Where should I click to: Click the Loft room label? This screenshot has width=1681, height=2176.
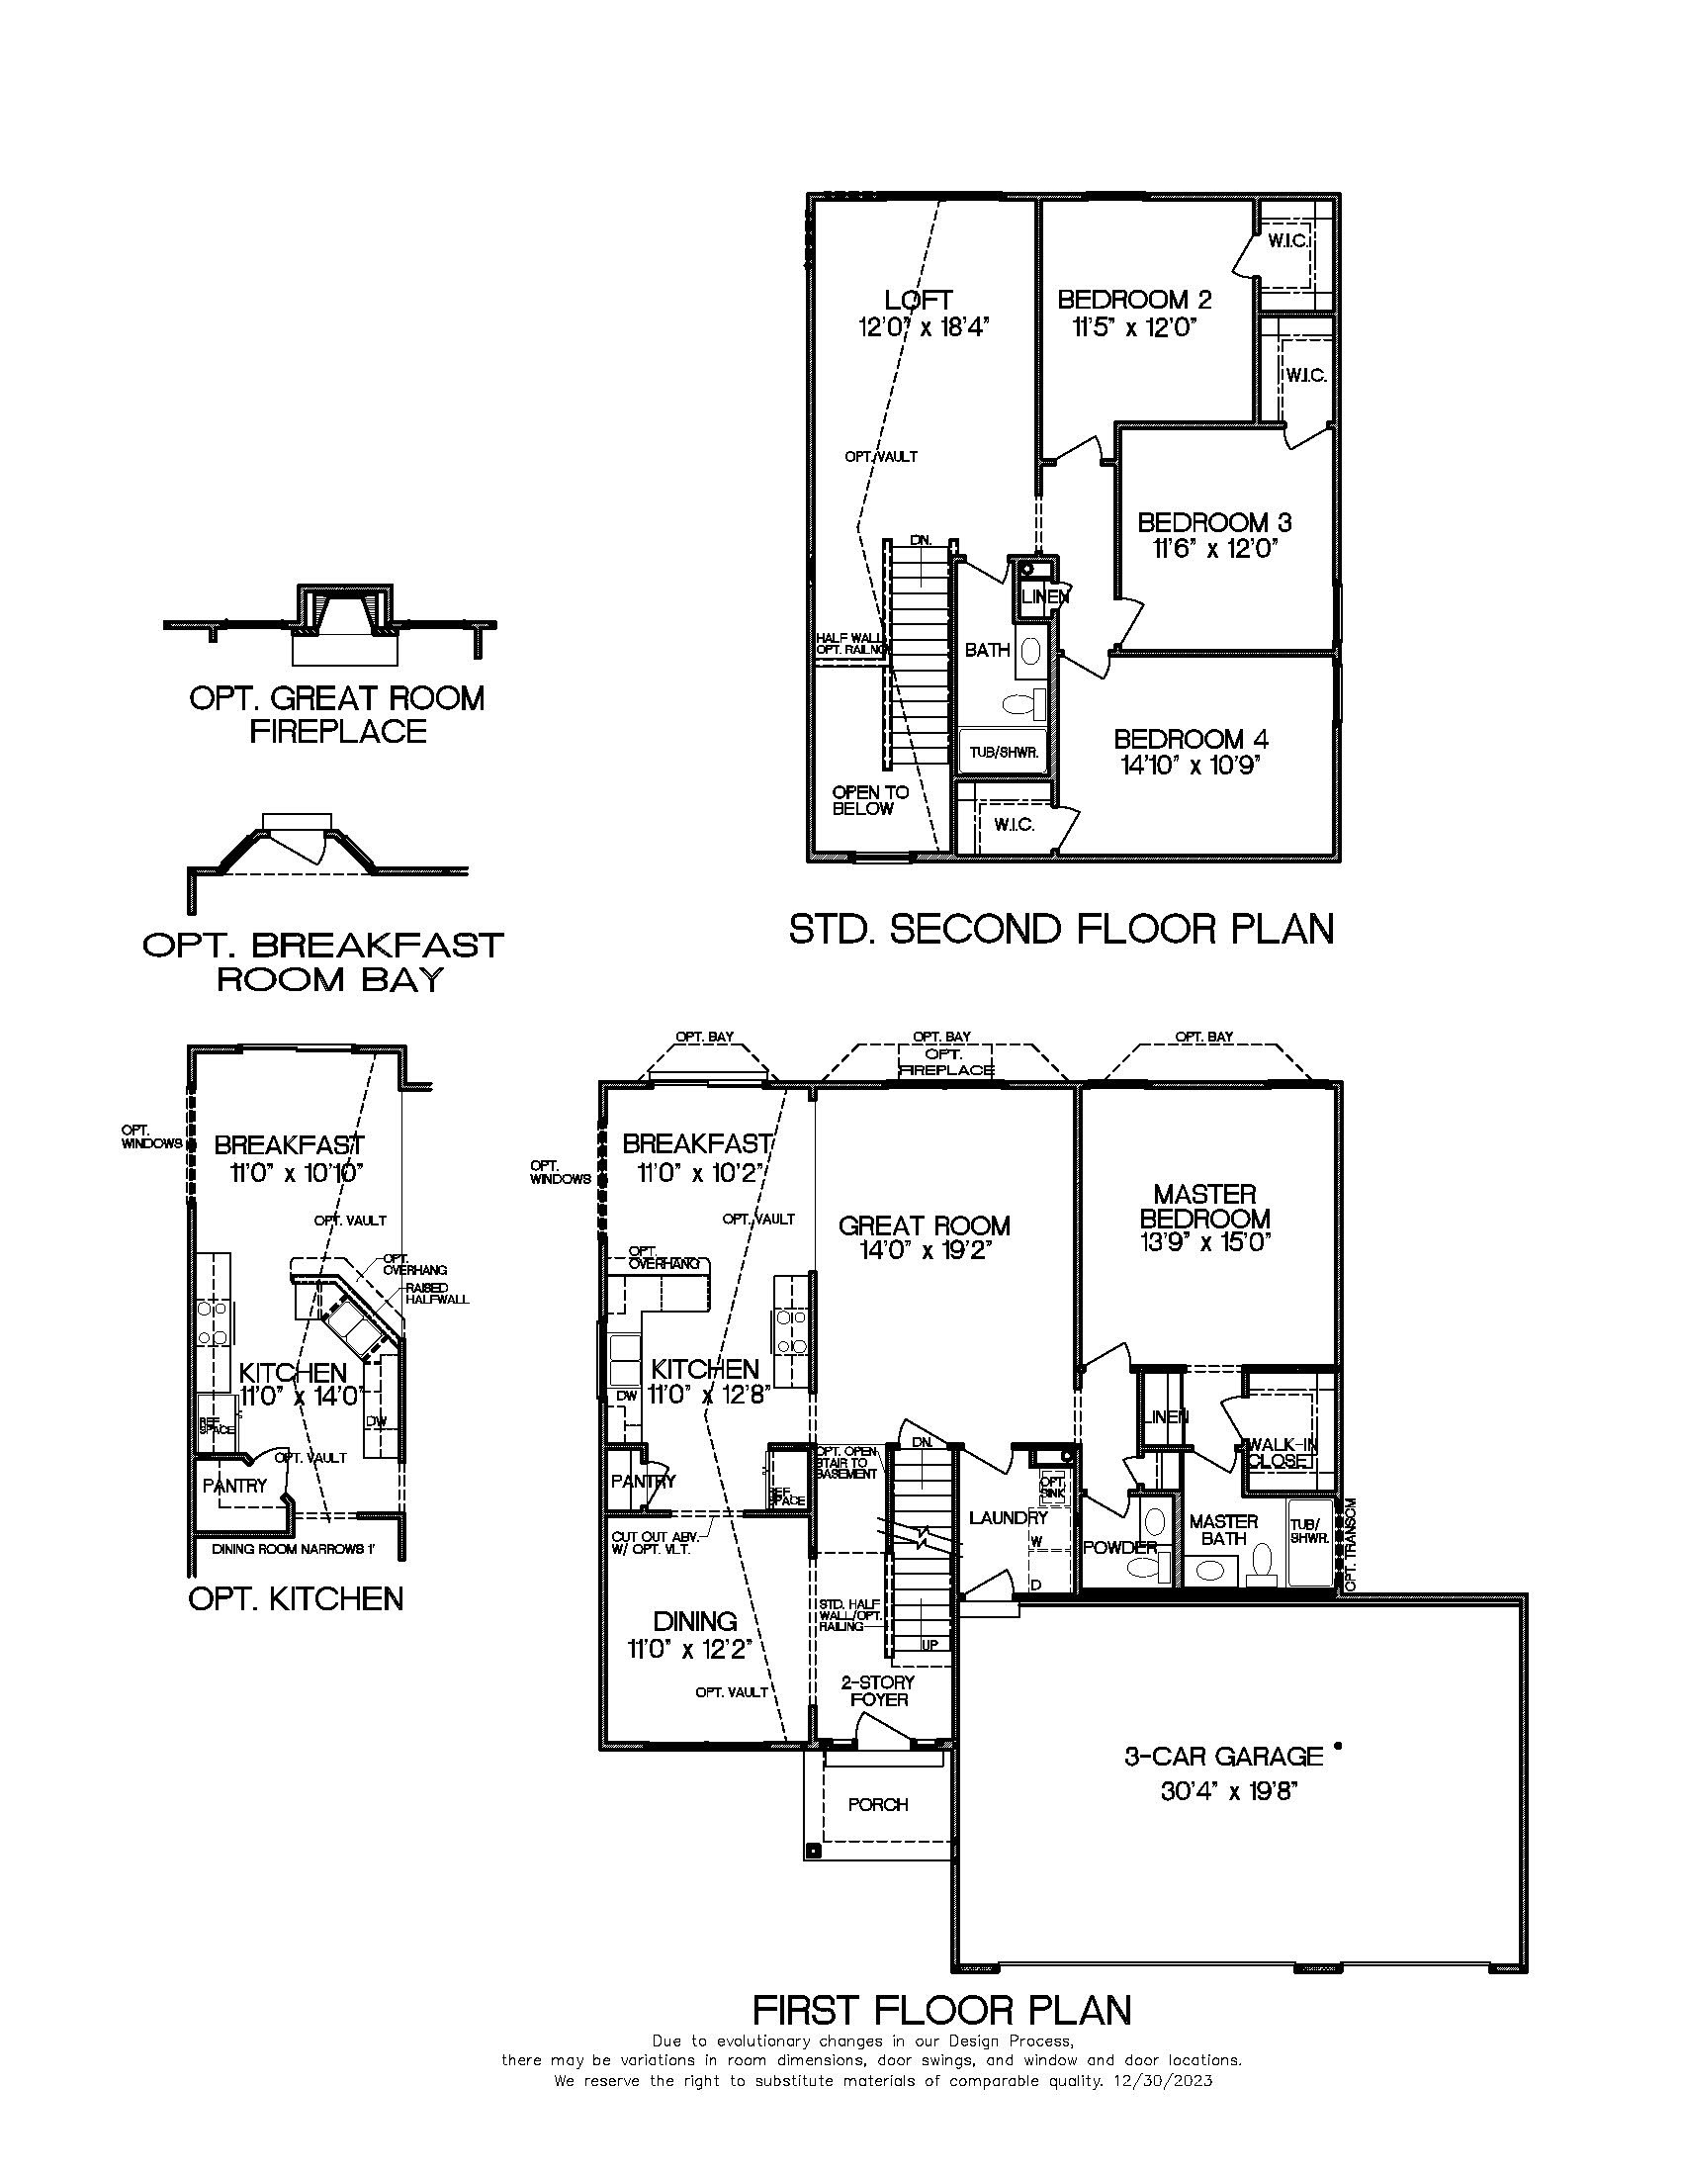919,299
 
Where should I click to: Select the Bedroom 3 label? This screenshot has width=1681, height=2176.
1214,522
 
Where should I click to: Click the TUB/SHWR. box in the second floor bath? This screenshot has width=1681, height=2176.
1004,753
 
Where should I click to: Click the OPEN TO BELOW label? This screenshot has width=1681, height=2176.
869,800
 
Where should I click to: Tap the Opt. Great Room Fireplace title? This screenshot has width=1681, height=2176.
336,714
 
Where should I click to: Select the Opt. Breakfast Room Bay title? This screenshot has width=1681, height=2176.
323,961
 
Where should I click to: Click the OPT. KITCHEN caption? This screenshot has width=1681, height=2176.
296,1599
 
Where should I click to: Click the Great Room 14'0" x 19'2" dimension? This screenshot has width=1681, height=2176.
924,1250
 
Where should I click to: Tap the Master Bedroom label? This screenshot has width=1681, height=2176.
1205,1206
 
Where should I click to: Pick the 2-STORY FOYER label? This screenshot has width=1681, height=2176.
878,1689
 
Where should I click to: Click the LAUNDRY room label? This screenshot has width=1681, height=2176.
1008,1517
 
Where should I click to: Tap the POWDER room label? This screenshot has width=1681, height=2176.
1119,1547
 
